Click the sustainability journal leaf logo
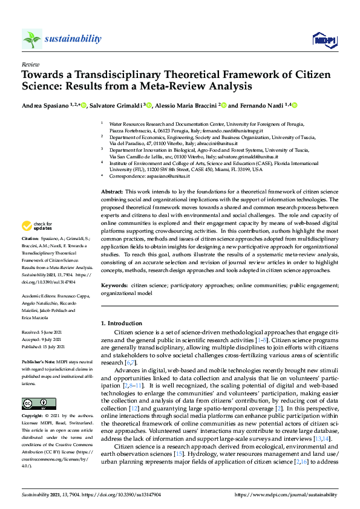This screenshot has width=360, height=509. pos(32,39)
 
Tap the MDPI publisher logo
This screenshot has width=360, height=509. pos(324,40)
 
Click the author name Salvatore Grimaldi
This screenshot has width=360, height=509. pos(115,105)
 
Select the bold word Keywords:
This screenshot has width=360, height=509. pos(115,284)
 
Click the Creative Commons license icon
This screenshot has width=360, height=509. pos(34,404)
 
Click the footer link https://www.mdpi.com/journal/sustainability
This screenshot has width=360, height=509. pos(286,494)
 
